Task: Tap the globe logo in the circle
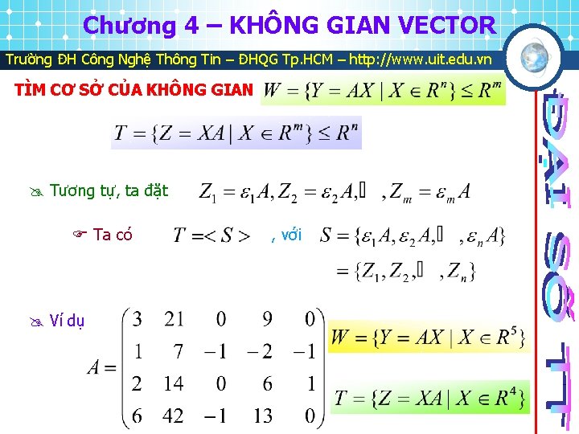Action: coord(536,56)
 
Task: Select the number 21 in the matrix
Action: coord(174,320)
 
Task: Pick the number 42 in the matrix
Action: coord(173,416)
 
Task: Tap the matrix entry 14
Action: coord(173,384)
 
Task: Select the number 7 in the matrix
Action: coord(178,352)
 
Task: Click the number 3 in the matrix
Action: coord(138,320)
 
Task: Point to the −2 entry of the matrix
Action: coord(259,352)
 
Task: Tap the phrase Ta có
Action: coord(113,235)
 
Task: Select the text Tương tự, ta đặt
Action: coord(109,191)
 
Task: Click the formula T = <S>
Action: coord(211,236)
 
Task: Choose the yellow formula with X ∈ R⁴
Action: coord(430,396)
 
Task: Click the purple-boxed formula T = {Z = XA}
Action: coord(236,133)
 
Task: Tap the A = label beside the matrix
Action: coord(102,368)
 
